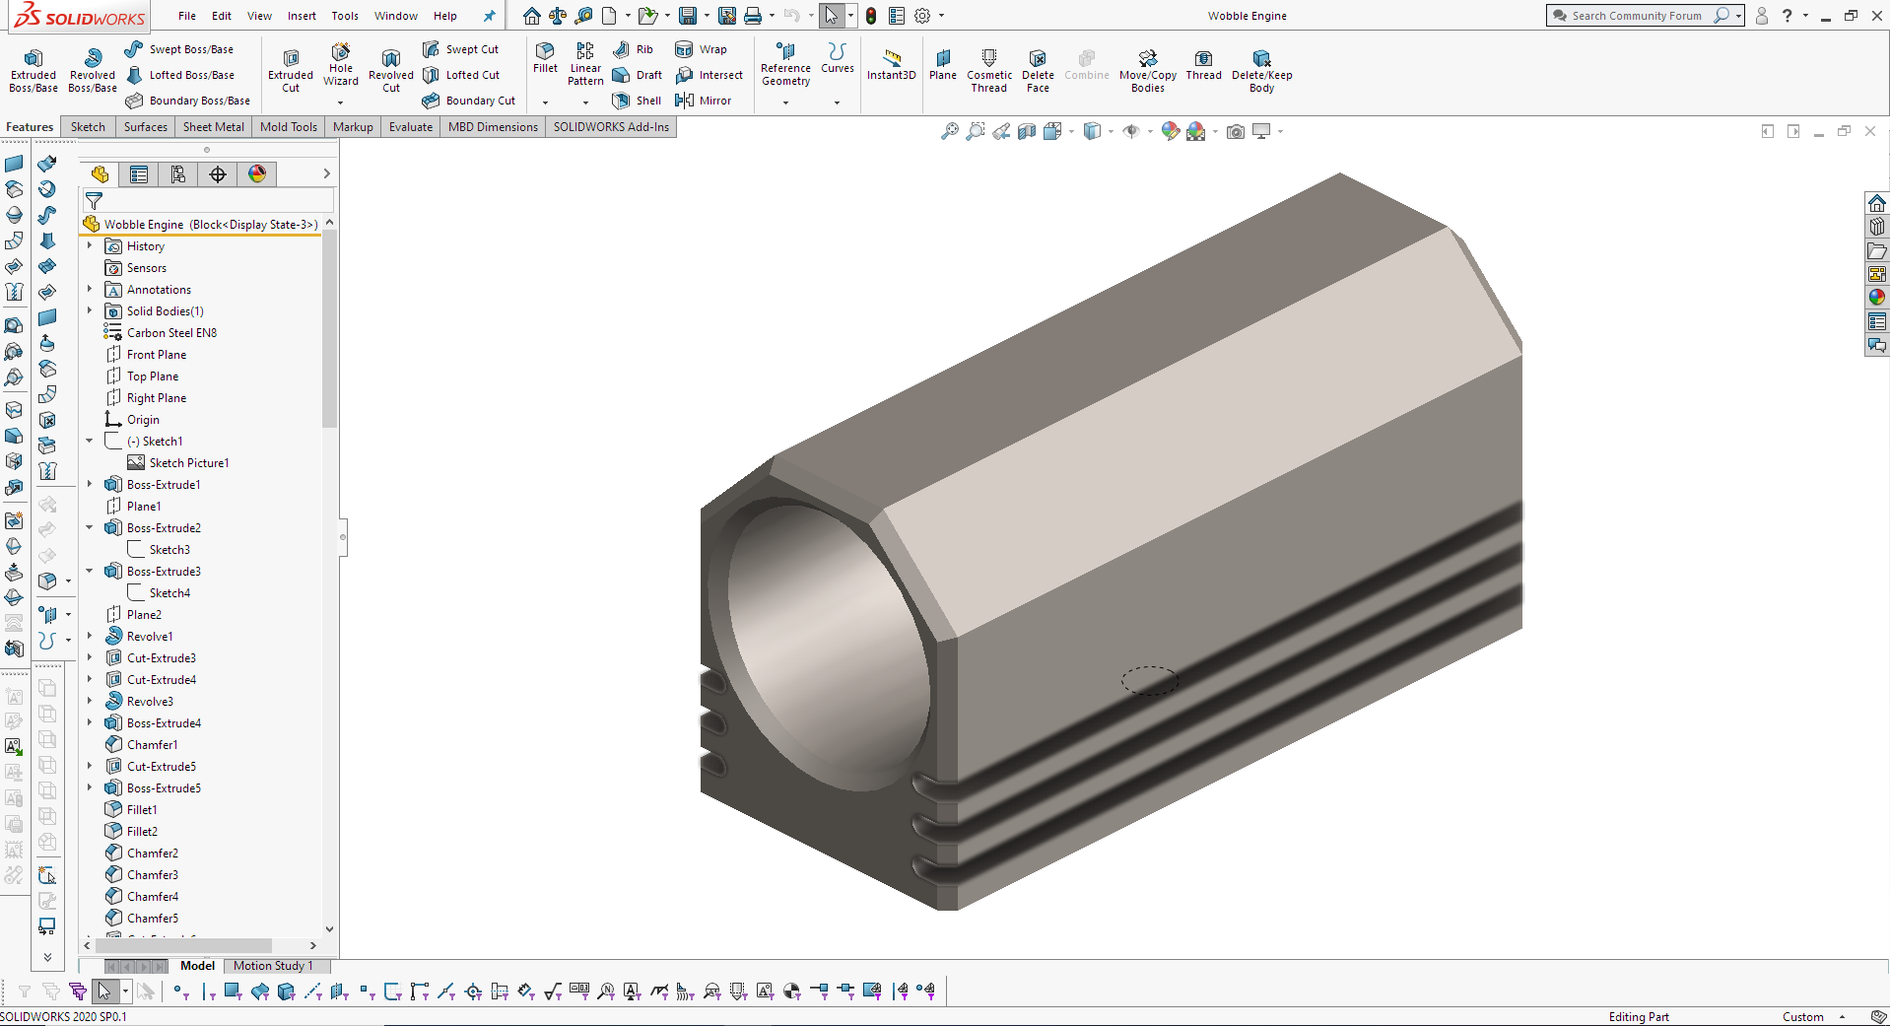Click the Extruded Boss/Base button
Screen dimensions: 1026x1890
tap(34, 69)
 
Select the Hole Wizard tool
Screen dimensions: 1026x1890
tap(341, 65)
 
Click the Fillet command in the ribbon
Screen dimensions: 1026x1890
tap(545, 58)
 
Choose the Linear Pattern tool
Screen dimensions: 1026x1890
tap(585, 64)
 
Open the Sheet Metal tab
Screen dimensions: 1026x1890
tap(213, 127)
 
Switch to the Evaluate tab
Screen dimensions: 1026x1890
tap(410, 127)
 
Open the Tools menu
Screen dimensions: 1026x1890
tap(345, 16)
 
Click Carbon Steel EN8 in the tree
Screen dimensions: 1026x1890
tap(171, 333)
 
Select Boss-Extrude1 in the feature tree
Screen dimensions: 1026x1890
tap(164, 485)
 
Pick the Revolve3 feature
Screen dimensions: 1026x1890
tap(150, 702)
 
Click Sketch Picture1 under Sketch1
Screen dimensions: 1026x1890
tap(188, 463)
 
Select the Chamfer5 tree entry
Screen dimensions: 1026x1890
tap(153, 919)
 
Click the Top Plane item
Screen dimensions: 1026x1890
tap(153, 376)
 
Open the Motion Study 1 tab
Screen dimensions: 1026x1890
tap(273, 966)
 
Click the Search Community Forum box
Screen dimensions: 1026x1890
tap(1636, 16)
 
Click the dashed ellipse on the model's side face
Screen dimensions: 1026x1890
tap(1149, 680)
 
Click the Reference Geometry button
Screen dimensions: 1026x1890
tap(785, 66)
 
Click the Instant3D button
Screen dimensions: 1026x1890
tap(892, 65)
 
